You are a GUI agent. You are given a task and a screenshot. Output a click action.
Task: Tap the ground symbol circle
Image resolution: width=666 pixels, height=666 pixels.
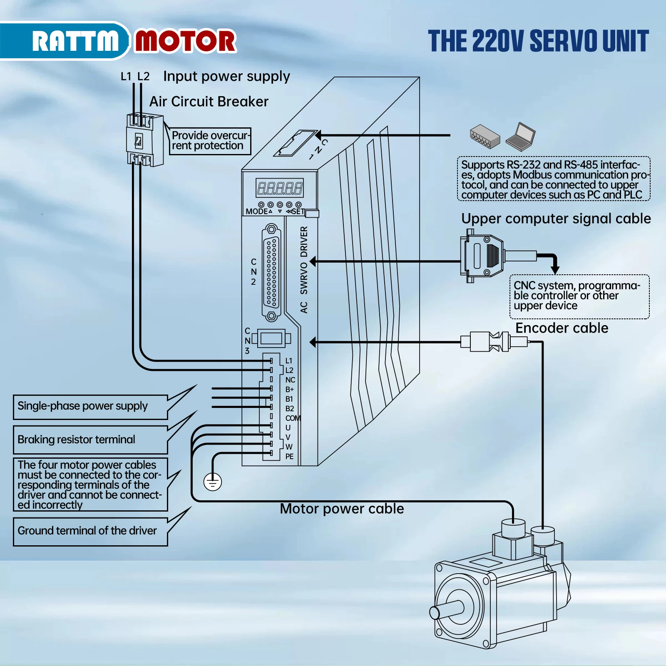(x=213, y=482)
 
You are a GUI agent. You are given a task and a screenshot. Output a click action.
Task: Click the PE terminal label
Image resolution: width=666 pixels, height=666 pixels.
(x=289, y=457)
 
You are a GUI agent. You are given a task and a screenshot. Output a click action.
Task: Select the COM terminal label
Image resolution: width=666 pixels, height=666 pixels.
(x=293, y=418)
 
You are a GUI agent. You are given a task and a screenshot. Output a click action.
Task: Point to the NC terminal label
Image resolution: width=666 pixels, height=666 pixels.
(x=290, y=380)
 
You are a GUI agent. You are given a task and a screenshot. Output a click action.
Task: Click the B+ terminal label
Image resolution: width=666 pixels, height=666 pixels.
(x=289, y=389)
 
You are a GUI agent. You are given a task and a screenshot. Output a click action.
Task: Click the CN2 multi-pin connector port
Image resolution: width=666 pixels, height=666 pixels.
(x=271, y=273)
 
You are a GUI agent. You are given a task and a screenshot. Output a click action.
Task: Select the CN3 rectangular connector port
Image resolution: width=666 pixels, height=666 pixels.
(x=271, y=338)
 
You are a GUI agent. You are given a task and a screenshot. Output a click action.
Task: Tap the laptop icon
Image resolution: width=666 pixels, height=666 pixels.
(x=521, y=137)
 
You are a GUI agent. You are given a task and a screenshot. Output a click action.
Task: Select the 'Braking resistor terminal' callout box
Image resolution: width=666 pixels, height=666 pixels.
(x=90, y=440)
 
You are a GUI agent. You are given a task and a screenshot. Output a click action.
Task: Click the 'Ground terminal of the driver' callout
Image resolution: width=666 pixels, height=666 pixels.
(x=90, y=531)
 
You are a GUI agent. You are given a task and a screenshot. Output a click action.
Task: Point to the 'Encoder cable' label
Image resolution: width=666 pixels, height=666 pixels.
(x=562, y=328)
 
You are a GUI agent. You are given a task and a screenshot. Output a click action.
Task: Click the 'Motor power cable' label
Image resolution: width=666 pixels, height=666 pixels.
(x=342, y=509)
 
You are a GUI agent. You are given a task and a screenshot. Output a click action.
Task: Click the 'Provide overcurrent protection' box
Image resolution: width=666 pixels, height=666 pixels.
(x=210, y=141)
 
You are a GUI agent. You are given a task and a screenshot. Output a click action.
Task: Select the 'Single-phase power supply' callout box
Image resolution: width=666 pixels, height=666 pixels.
(x=90, y=406)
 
